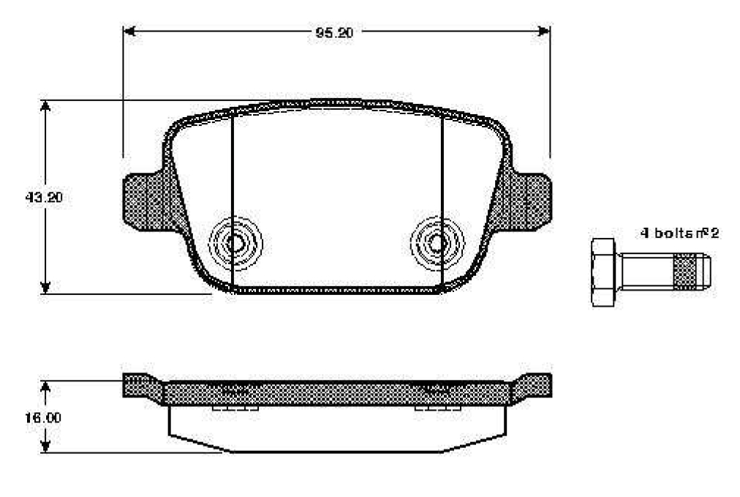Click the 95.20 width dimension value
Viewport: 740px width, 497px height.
[x=334, y=33]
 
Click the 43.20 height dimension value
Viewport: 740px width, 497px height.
[x=44, y=197]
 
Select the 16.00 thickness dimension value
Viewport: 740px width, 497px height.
[x=43, y=418]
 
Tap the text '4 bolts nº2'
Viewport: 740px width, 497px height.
[x=679, y=233]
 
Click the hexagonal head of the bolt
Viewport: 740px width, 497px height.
[x=603, y=272]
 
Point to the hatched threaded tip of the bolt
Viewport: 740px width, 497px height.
[x=684, y=272]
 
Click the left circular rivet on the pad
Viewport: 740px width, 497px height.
[x=235, y=243]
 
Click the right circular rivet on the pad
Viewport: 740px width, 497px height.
[x=437, y=243]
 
